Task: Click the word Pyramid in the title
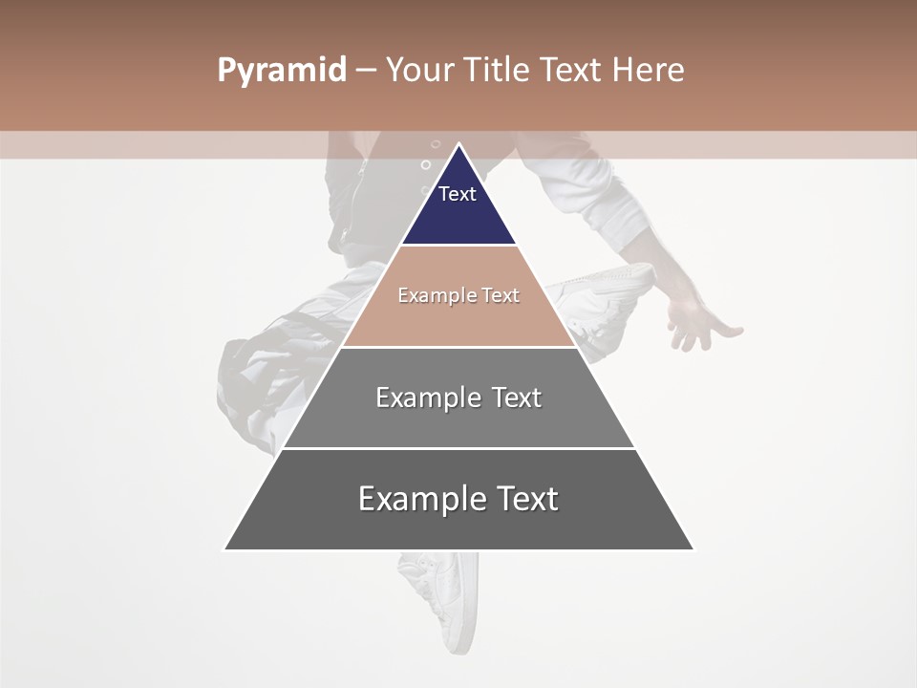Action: tap(282, 71)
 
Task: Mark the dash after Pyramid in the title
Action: tap(366, 71)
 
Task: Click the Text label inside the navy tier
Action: tap(458, 194)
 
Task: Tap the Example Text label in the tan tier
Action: tap(458, 295)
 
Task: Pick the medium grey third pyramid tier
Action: tap(458, 420)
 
